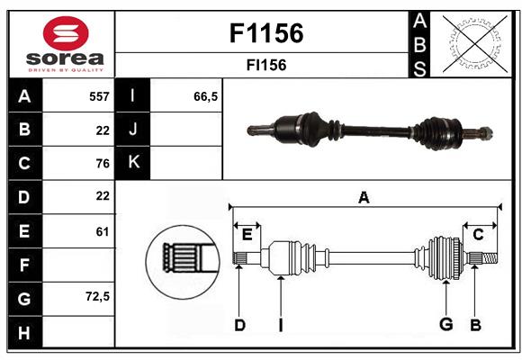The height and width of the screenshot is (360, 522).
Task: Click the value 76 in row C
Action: coord(102,163)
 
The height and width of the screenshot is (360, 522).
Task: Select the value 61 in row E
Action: coord(102,231)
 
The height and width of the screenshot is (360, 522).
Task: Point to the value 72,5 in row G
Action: coord(96,296)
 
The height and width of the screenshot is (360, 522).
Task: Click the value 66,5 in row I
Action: coord(206,96)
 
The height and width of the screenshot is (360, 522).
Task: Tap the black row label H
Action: coord(24,333)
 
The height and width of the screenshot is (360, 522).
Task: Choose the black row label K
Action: coord(133,163)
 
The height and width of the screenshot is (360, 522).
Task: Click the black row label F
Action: coord(24,265)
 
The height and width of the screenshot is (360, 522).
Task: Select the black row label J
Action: coord(133,130)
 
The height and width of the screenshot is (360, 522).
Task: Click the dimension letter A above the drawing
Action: coord(364,197)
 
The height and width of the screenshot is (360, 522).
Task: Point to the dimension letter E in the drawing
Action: coord(247,235)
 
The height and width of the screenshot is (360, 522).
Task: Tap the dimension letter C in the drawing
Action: coord(478,235)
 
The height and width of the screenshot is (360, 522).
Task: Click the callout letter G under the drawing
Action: coord(445,325)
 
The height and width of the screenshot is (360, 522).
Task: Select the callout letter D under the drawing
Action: coord(239,325)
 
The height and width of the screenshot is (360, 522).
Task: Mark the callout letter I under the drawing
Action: coord(280,325)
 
